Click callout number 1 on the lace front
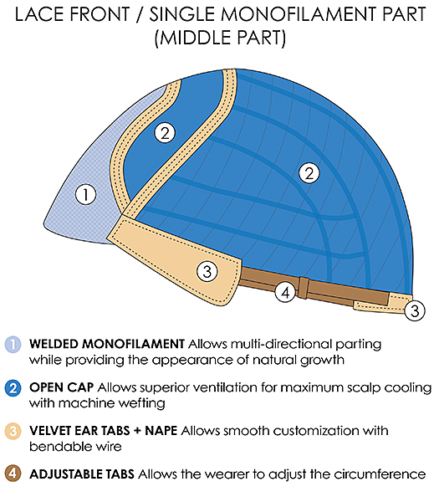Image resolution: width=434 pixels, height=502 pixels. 86,194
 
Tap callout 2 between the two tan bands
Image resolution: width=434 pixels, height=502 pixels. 165,132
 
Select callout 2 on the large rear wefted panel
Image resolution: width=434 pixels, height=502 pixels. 309,173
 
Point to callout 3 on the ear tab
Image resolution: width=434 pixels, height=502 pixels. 207,271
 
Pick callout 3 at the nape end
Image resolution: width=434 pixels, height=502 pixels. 415,310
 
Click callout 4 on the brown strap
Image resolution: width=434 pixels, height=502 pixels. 285,292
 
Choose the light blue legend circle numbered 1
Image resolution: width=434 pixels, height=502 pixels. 13,344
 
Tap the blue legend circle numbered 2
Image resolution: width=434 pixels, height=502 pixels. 13,387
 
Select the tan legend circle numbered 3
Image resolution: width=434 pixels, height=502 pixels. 13,431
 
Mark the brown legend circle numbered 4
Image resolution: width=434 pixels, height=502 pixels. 13,474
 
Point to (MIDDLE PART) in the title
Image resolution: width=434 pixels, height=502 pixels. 220,38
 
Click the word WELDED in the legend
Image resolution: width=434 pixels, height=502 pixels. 54,344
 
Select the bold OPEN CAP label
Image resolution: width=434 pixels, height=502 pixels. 61,387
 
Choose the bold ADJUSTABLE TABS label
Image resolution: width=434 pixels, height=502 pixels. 82,474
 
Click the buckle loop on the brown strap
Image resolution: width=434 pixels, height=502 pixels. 304,288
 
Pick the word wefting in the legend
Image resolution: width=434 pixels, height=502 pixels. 141,403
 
